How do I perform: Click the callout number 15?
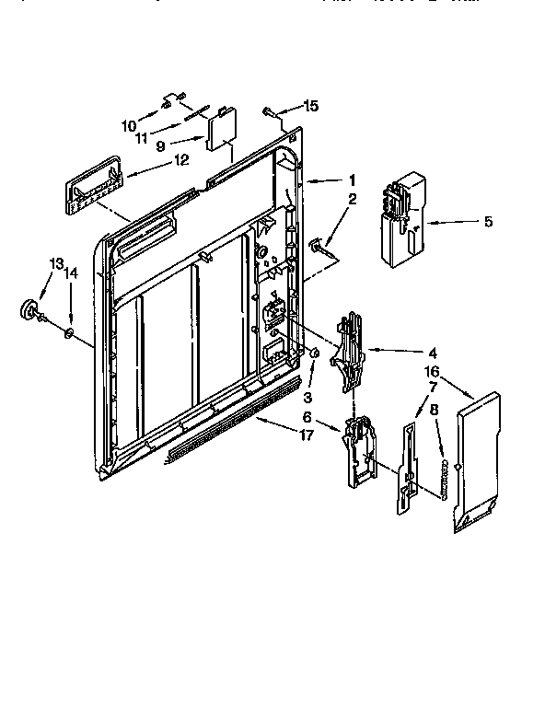pyautogui.click(x=311, y=107)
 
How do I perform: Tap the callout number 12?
pyautogui.click(x=180, y=159)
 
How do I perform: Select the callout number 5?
pyautogui.click(x=488, y=221)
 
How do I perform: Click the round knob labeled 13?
pyautogui.click(x=33, y=312)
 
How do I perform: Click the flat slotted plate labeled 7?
pyautogui.click(x=406, y=465)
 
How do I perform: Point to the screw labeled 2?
pyautogui.click(x=319, y=244)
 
